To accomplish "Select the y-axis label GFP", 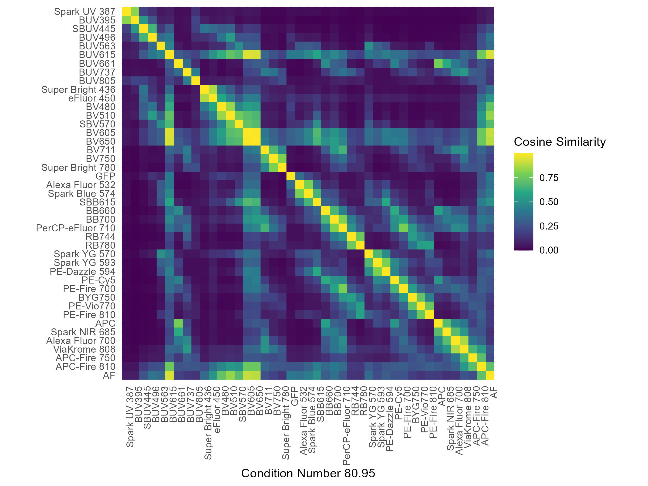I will click(x=105, y=176).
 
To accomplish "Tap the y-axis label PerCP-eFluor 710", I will click(x=76, y=228).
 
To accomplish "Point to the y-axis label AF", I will click(x=109, y=376).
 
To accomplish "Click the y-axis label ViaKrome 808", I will click(x=84, y=349).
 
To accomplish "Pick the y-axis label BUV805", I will click(x=97, y=81).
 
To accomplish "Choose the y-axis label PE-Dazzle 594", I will click(x=82, y=272).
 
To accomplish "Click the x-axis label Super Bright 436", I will click(x=208, y=423).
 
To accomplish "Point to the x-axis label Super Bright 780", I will click(x=286, y=423).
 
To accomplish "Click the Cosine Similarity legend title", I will click(x=559, y=142).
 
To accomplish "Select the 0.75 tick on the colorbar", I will click(x=549, y=178).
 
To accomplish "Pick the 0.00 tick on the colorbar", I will click(x=549, y=250).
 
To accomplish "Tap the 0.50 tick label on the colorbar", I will click(x=549, y=202).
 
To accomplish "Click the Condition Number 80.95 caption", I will click(x=308, y=473).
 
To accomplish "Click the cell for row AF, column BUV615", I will click(x=170, y=376).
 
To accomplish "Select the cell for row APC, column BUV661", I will click(x=178, y=323).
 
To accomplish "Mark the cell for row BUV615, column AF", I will click(x=490, y=55).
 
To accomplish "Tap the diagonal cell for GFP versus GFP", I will click(x=291, y=176).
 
